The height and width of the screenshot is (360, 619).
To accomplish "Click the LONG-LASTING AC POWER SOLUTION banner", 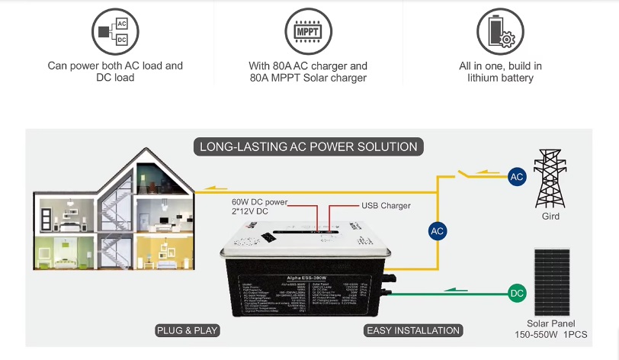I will click(308, 146).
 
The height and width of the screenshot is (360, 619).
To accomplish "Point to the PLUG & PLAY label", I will click(188, 330).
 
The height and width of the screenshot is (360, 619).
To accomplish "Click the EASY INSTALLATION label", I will click(413, 330).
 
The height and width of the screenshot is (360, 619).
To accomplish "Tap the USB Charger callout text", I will click(385, 206).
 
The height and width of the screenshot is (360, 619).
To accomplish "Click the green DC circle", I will click(517, 293).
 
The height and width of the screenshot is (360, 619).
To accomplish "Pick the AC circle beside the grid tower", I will click(517, 177).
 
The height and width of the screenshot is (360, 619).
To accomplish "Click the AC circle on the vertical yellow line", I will click(437, 230).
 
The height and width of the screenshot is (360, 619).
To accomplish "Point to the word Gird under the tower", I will click(550, 217).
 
